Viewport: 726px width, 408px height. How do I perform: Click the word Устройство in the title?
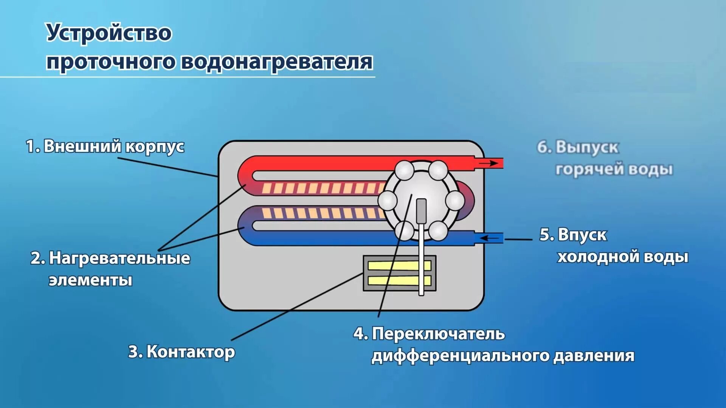[x=109, y=33]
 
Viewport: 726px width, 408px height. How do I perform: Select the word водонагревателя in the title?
[x=277, y=62]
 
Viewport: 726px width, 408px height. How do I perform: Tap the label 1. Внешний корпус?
[x=105, y=146]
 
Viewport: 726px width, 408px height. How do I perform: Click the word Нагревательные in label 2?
[x=119, y=258]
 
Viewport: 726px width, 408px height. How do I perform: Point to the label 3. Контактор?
[x=181, y=352]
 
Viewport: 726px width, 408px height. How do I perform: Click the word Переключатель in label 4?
[x=438, y=334]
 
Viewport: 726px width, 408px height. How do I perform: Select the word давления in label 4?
[x=594, y=356]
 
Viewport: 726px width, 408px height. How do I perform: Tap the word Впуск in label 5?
[x=582, y=235]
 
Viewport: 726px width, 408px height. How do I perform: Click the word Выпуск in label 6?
[x=587, y=147]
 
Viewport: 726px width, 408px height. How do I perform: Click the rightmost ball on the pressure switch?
[x=455, y=200]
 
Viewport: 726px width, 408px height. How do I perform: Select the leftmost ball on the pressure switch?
[x=388, y=200]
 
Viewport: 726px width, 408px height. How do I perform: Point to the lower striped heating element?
[x=321, y=213]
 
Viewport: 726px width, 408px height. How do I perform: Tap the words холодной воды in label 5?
[x=622, y=257]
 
